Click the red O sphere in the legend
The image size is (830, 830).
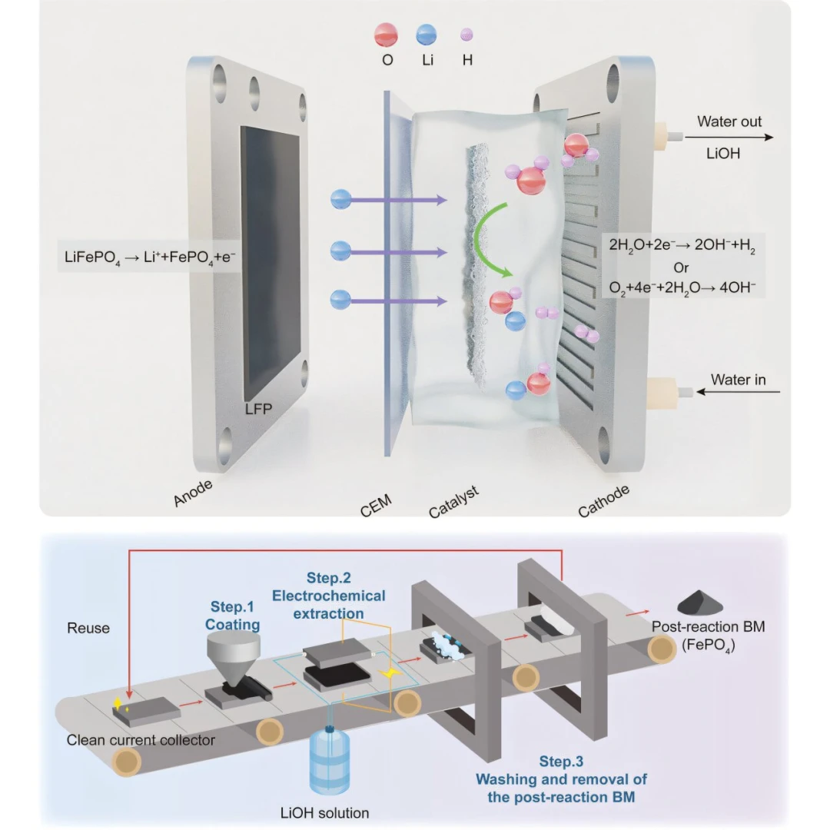click(387, 35)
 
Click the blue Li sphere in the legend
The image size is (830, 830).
click(427, 35)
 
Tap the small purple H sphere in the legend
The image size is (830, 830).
click(466, 35)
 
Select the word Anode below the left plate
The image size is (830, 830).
click(193, 491)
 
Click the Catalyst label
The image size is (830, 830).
click(454, 502)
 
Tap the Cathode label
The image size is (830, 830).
click(604, 500)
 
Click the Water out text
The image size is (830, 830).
click(729, 121)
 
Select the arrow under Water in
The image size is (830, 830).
click(738, 393)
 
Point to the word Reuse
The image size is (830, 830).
click(88, 628)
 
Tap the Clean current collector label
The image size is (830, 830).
click(141, 741)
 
